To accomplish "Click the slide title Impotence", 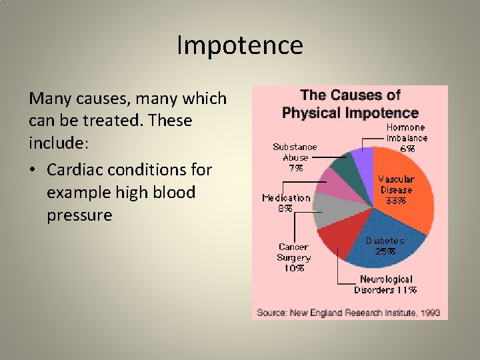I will click(240, 46).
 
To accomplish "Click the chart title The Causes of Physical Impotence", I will click(350, 104).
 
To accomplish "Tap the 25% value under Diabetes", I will click(385, 251).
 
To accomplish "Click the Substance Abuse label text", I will click(295, 152).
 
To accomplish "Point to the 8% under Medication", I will click(285, 208).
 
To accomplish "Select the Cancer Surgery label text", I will click(294, 252).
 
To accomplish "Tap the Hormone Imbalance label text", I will click(407, 133).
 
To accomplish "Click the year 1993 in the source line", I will click(429, 312).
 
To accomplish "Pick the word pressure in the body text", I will click(79, 215).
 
